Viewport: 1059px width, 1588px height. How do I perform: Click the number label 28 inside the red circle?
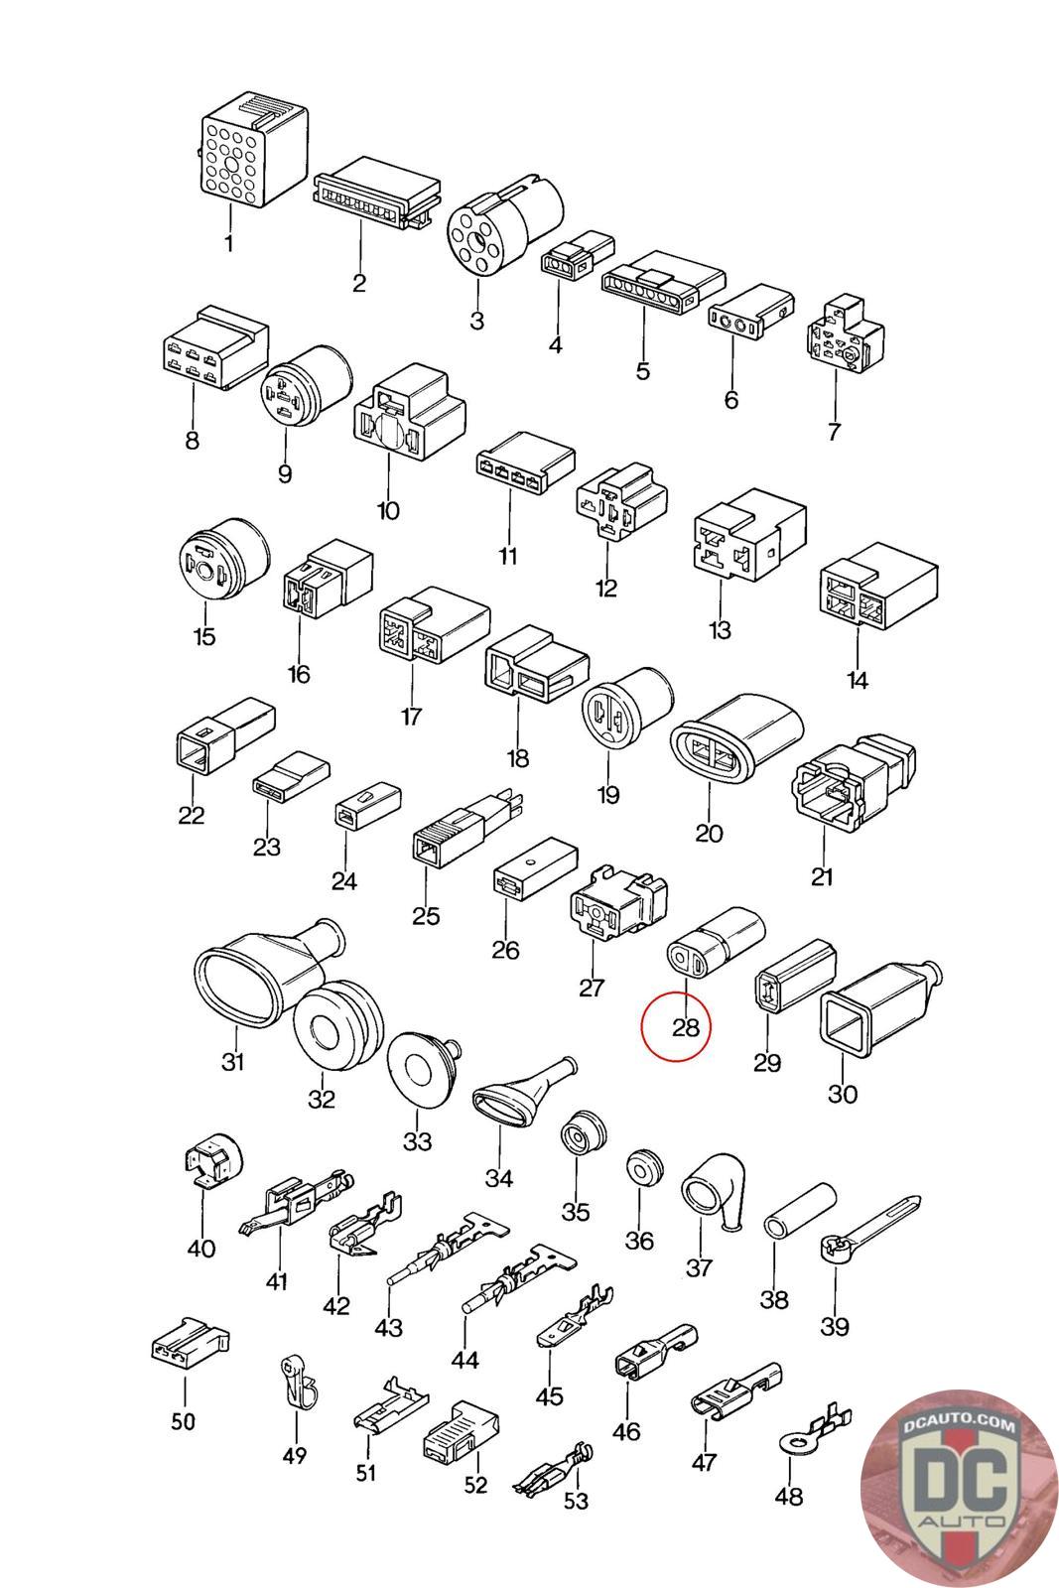click(x=686, y=1026)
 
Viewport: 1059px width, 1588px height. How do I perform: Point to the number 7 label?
click(x=834, y=432)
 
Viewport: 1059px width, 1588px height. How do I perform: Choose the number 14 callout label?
click(x=858, y=680)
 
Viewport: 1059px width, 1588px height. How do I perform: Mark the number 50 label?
click(x=183, y=1421)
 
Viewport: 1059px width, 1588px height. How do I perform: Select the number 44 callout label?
click(x=464, y=1359)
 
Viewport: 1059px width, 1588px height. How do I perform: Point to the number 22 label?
click(x=192, y=815)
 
